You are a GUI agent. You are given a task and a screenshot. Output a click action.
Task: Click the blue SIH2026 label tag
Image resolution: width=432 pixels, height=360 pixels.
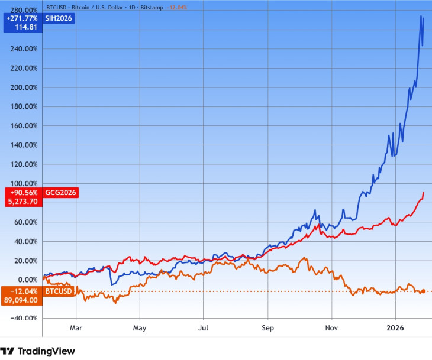(59, 18)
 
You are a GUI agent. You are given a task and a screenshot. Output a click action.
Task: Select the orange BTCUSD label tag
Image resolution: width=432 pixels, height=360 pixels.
(58, 291)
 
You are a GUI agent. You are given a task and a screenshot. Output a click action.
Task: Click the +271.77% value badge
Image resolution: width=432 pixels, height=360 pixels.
(21, 18)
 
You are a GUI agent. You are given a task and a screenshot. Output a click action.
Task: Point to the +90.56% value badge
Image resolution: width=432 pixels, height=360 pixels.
(22, 193)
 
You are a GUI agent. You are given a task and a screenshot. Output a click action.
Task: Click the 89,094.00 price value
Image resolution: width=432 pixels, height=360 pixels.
(21, 300)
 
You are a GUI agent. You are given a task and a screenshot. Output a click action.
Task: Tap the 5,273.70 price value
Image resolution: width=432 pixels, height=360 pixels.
(21, 201)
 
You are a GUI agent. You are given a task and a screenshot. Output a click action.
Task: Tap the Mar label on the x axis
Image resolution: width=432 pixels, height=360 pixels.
(75, 326)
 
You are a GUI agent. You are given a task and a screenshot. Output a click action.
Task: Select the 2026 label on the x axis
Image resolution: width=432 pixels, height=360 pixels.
(395, 326)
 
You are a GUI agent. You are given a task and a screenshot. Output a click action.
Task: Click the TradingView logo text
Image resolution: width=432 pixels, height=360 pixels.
(46, 351)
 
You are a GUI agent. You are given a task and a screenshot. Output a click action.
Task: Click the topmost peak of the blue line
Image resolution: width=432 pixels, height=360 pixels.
(421, 16)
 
